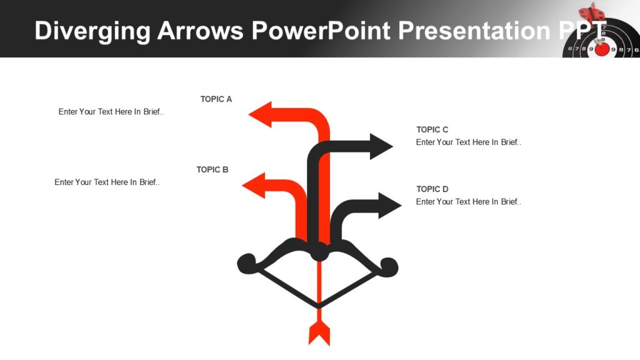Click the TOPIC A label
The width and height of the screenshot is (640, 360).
tap(216, 99)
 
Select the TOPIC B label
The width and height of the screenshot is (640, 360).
tap(212, 169)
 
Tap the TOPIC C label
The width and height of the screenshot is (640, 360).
tap(432, 129)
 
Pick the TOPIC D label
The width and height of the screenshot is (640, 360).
tap(432, 189)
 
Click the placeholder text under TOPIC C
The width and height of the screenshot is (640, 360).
tap(469, 142)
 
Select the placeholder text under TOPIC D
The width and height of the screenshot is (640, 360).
tap(469, 202)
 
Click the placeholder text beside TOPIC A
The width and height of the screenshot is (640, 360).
tap(111, 112)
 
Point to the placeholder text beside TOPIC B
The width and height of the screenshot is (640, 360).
tap(107, 182)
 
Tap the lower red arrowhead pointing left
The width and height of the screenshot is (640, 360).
tap(254, 186)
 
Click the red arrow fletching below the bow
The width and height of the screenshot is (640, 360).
tap(319, 334)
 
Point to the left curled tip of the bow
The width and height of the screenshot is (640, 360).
tap(246, 263)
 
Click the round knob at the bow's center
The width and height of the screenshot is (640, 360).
tap(319, 252)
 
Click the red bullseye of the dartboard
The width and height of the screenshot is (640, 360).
tap(602, 49)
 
